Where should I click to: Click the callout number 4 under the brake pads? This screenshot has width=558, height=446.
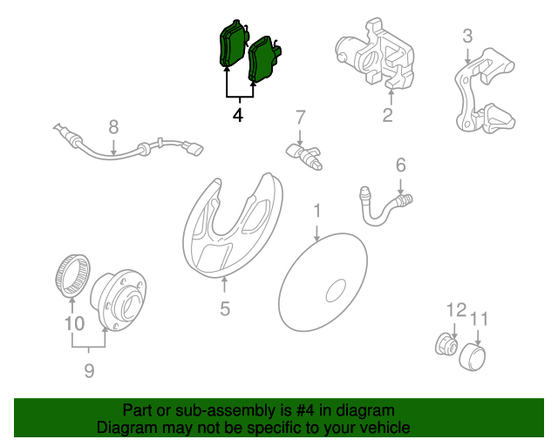pos(238,115)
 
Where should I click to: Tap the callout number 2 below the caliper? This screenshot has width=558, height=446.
pos(387,115)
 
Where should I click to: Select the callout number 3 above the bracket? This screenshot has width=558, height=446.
pos(467,36)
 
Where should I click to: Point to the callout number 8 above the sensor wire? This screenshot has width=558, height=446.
pos(113,127)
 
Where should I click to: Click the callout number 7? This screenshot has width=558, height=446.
pos(300,118)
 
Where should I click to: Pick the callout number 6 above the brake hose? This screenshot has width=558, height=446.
pos(401,165)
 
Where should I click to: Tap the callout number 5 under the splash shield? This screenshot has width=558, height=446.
pos(225,308)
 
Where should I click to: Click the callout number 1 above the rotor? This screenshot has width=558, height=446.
pos(316,211)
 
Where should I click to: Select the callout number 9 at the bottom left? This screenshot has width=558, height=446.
pos(89,370)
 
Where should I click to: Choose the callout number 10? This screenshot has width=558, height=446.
pos(75,324)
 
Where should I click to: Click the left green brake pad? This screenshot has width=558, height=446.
pos(232,44)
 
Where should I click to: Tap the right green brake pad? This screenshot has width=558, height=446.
pos(262,58)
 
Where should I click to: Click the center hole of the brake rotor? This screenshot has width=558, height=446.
pos(336,291)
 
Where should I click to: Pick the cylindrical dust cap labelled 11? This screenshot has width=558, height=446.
pos(472,357)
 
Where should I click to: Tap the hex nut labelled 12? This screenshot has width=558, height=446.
pos(446,344)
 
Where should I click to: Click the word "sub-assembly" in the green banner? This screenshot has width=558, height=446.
pos(226,411)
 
